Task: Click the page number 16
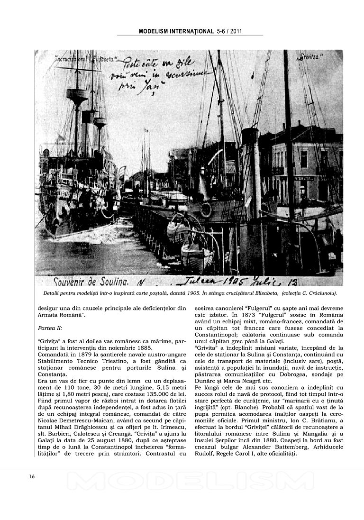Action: click(x=31, y=476)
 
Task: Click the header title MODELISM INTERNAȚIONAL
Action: click(x=176, y=31)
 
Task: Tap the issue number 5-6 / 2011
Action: click(x=229, y=31)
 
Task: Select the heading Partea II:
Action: click(x=50, y=328)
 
